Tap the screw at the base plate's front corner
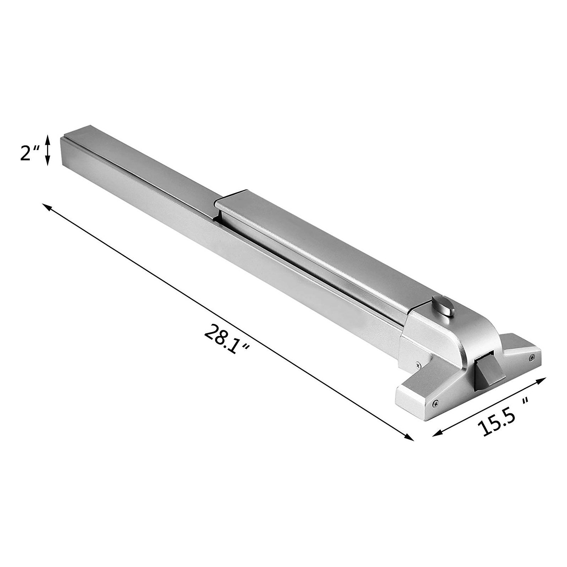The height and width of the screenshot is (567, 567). [x=435, y=403]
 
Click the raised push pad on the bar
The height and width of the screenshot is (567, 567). [x=312, y=248]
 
